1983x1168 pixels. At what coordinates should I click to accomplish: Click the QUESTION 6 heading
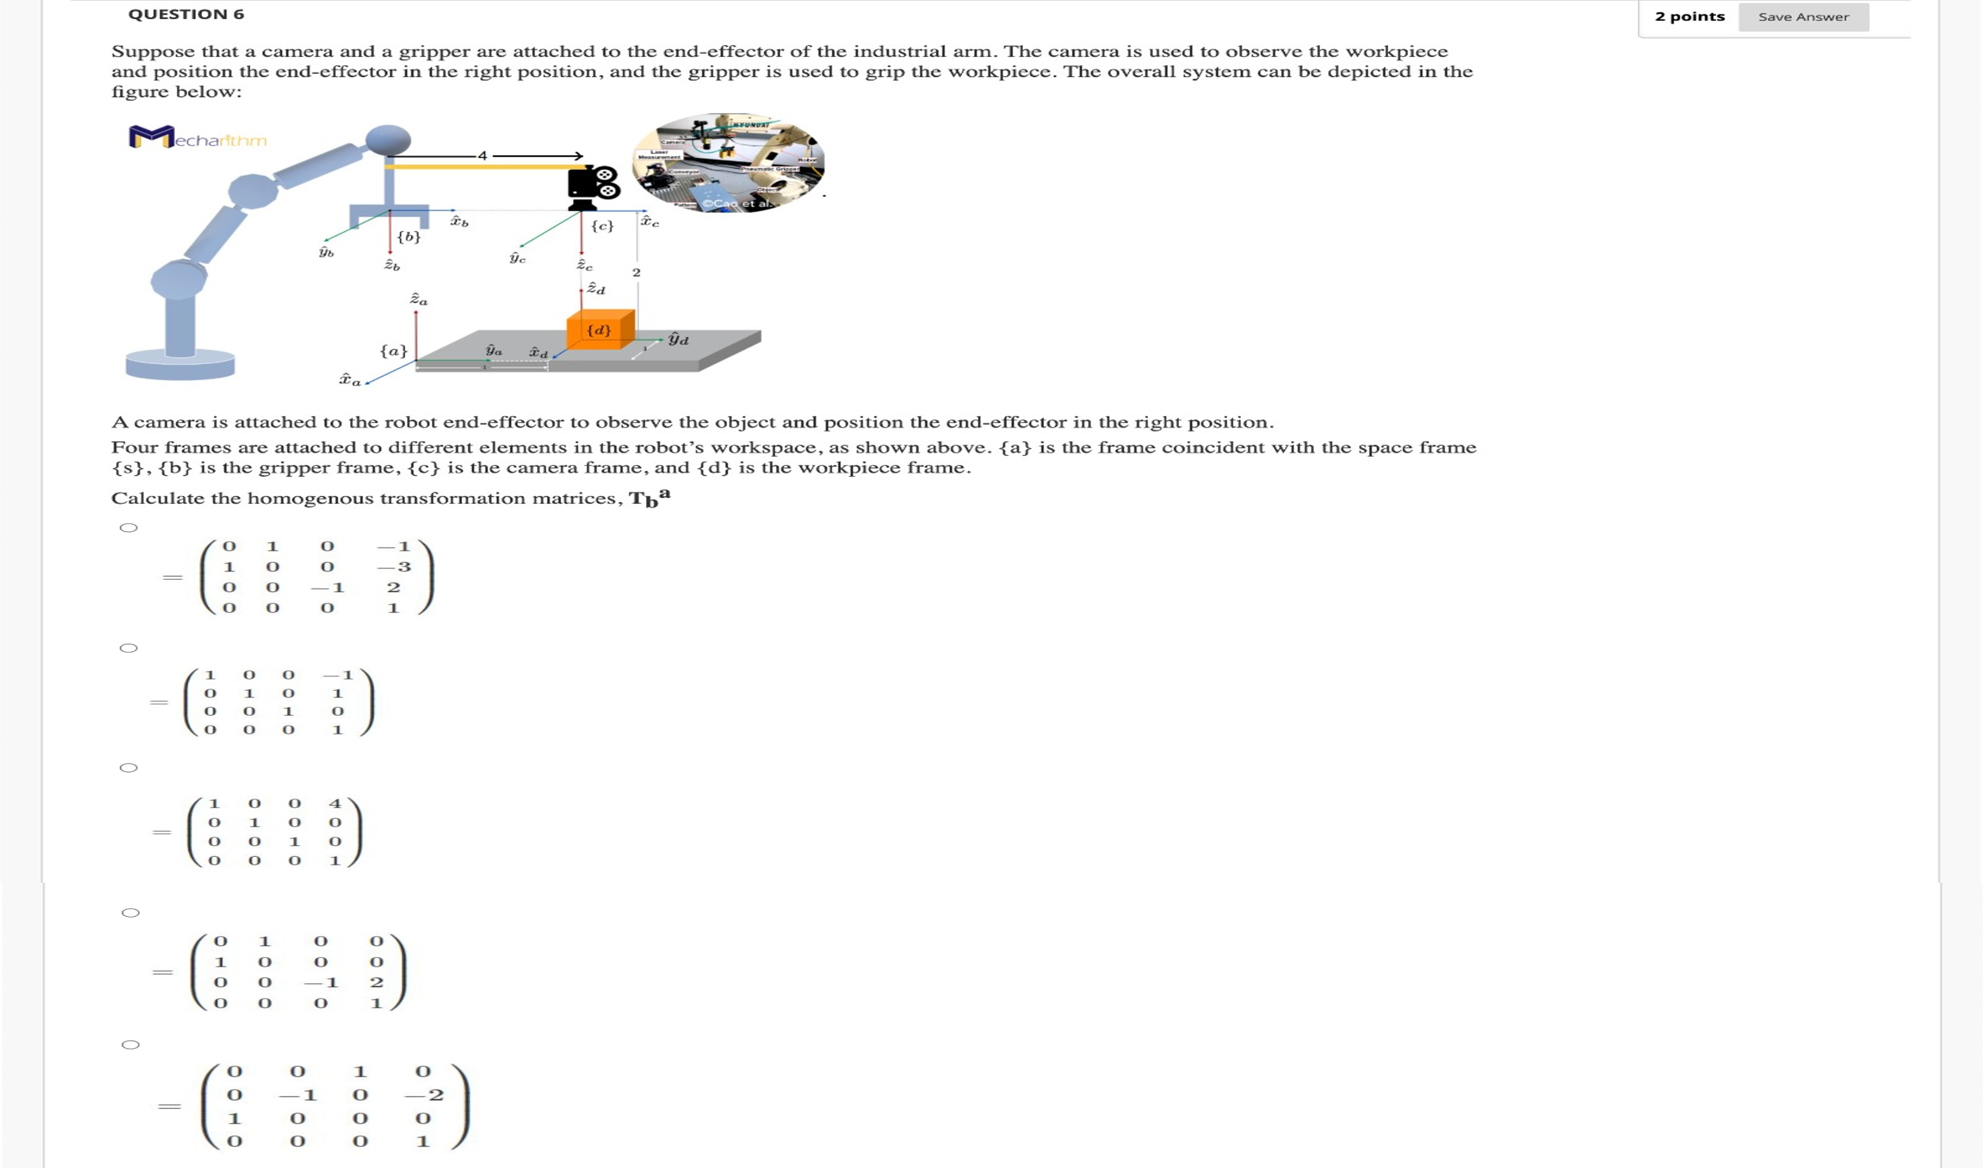pyautogui.click(x=187, y=14)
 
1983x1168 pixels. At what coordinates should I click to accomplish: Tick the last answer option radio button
pyautogui.click(x=131, y=1045)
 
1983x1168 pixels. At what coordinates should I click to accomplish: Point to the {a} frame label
pyautogui.click(x=394, y=350)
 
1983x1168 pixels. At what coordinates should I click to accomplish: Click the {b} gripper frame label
pyautogui.click(x=408, y=236)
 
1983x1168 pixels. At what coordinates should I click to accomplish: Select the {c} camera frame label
pyautogui.click(x=602, y=226)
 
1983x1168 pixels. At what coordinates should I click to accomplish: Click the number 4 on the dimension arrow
pyautogui.click(x=483, y=156)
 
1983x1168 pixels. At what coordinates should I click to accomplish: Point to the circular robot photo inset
pyautogui.click(x=729, y=163)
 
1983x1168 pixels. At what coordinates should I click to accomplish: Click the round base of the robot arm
pyautogui.click(x=180, y=364)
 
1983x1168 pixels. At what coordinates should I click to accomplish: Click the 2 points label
pyautogui.click(x=1689, y=17)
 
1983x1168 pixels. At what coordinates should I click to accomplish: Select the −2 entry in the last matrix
pyautogui.click(x=425, y=1095)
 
